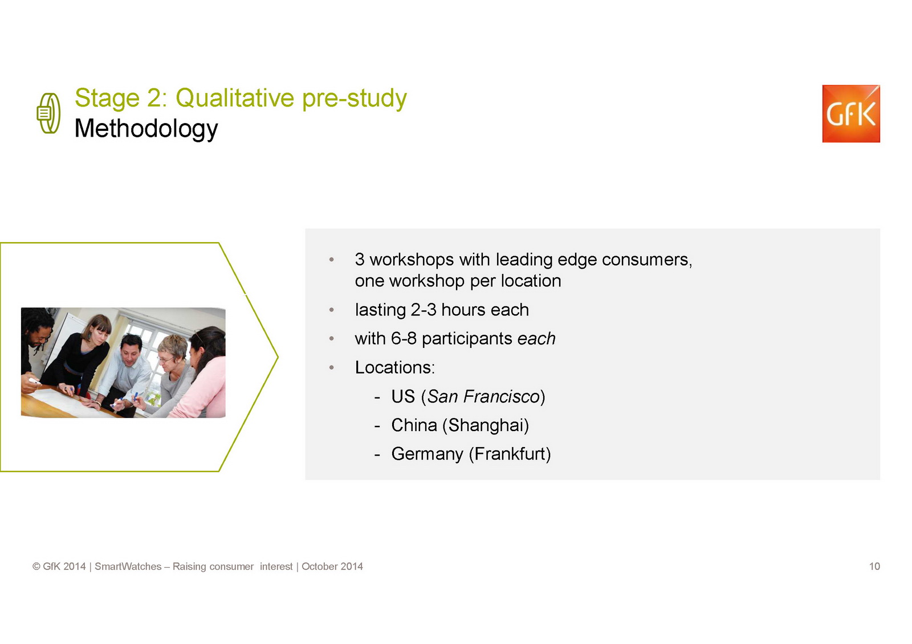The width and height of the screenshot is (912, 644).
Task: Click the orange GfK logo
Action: pos(851,113)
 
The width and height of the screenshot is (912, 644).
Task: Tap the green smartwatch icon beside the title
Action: pos(48,113)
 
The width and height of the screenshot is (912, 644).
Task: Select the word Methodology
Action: pos(146,129)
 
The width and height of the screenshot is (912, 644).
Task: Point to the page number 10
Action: pos(874,567)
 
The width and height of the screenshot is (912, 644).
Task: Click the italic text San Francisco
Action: pos(483,396)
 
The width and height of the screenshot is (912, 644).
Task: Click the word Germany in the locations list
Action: pos(427,454)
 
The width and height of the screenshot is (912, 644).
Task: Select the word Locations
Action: pos(394,367)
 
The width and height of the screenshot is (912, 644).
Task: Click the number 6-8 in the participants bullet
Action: pos(404,338)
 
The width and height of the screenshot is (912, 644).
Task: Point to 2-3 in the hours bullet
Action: pos(424,310)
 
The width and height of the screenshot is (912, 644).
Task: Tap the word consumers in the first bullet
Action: pos(646,260)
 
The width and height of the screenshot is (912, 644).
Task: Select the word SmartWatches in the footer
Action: pos(128,567)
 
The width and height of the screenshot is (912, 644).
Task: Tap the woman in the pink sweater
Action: pos(203,372)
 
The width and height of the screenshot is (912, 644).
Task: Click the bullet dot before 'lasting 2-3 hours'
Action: pos(331,310)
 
